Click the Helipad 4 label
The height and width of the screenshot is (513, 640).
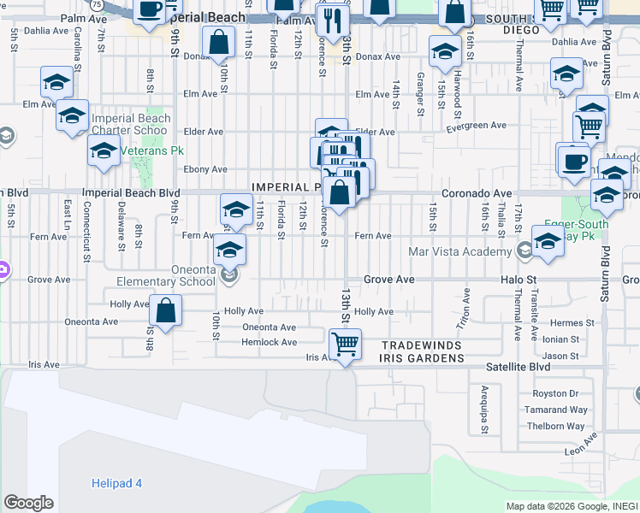[x=116, y=483]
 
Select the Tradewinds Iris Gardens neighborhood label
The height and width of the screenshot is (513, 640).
[x=422, y=351]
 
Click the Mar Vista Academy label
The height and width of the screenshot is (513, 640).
[x=460, y=251]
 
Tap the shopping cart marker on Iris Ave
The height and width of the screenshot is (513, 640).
[x=345, y=345]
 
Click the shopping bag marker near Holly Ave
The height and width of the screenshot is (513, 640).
[x=166, y=311]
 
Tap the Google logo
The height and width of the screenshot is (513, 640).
[x=28, y=503]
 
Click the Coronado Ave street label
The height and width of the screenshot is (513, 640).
[x=477, y=193]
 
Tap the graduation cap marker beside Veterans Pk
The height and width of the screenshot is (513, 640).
[x=104, y=151]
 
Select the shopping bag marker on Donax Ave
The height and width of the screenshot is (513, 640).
[x=219, y=43]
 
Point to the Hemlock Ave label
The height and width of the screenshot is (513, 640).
[x=269, y=342]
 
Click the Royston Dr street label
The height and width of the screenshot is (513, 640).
[x=555, y=394]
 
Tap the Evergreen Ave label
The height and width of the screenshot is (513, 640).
[x=477, y=127]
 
